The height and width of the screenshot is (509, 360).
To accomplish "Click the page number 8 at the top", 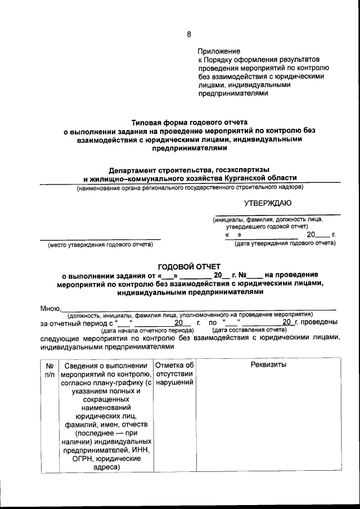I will pos(188,34).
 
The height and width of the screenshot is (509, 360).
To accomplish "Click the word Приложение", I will pos(219,51).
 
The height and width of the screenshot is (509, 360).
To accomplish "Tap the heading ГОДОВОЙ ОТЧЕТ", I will pos(190,266).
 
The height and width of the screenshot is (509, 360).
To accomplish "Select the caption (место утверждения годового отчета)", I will pos(100,245).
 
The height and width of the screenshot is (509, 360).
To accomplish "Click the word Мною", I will pos(49,308).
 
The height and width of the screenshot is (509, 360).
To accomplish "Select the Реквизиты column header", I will pos(268,365).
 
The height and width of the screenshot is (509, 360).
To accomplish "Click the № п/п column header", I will pos(49,370).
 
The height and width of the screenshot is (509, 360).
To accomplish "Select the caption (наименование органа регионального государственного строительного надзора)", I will pos(190,187).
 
